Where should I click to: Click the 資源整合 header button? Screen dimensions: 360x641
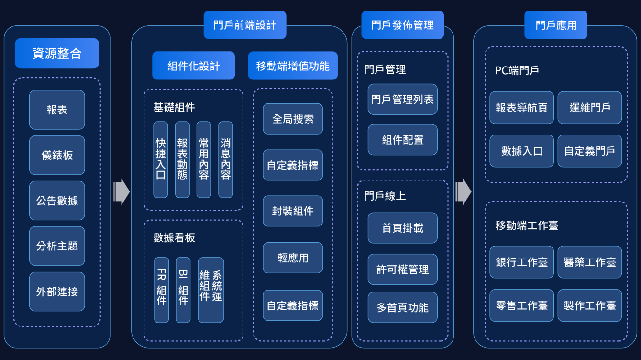pyautogui.click(x=57, y=53)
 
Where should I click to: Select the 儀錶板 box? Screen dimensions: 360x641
pyautogui.click(x=57, y=155)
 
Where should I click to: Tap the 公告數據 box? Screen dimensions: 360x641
pyautogui.click(x=57, y=201)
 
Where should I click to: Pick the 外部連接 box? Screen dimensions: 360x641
pyautogui.click(x=57, y=292)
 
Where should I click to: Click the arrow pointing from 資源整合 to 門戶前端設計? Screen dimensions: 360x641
pyautogui.click(x=122, y=192)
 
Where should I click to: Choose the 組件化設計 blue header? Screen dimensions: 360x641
pyautogui.click(x=193, y=66)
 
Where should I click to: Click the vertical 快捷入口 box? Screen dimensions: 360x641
pyautogui.click(x=161, y=159)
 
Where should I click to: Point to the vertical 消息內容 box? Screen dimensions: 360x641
pyautogui.click(x=226, y=159)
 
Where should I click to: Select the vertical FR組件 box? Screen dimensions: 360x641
pyautogui.click(x=162, y=290)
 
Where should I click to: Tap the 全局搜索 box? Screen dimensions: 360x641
pyautogui.click(x=293, y=119)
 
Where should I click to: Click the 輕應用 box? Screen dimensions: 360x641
pyautogui.click(x=293, y=258)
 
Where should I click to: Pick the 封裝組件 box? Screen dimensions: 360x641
pyautogui.click(x=293, y=211)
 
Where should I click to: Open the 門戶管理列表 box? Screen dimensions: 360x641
pyautogui.click(x=402, y=100)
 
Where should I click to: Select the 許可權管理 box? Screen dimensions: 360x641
pyautogui.click(x=402, y=270)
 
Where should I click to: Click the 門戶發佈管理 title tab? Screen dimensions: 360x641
pyautogui.click(x=402, y=25)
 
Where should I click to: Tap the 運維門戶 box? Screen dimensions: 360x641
pyautogui.click(x=590, y=108)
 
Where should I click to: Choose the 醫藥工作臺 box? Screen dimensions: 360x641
pyautogui.click(x=590, y=262)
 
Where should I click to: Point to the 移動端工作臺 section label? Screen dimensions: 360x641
pyautogui.click(x=527, y=225)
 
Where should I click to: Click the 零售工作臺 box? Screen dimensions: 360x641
pyautogui.click(x=522, y=305)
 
